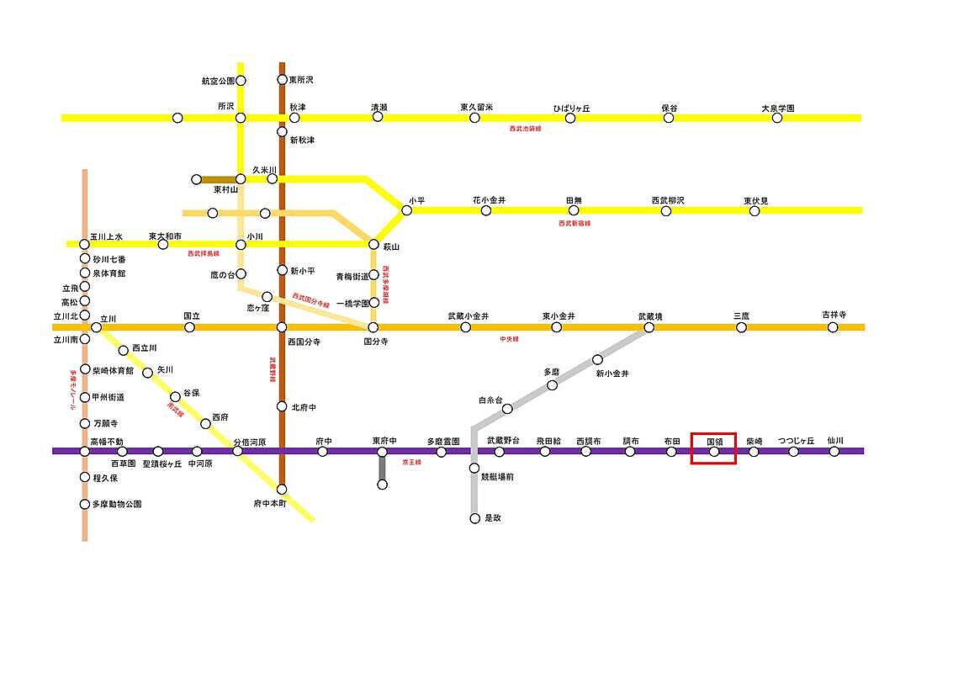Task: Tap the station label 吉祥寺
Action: (834, 315)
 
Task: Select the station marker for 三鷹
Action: (741, 327)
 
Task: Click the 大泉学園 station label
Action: (777, 109)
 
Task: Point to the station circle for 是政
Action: (474, 518)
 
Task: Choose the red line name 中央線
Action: (509, 339)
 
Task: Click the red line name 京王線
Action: (410, 463)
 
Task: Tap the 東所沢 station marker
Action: (283, 80)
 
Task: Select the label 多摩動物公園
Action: (116, 505)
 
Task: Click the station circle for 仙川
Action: (834, 451)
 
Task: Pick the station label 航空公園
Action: (217, 82)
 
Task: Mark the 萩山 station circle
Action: (374, 244)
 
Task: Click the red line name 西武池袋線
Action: (526, 129)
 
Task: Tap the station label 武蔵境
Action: (649, 316)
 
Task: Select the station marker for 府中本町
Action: (282, 489)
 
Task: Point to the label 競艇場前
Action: (497, 477)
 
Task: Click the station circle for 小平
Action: (407, 210)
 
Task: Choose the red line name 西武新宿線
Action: (574, 224)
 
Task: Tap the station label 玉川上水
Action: (107, 236)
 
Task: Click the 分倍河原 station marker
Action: (237, 451)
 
